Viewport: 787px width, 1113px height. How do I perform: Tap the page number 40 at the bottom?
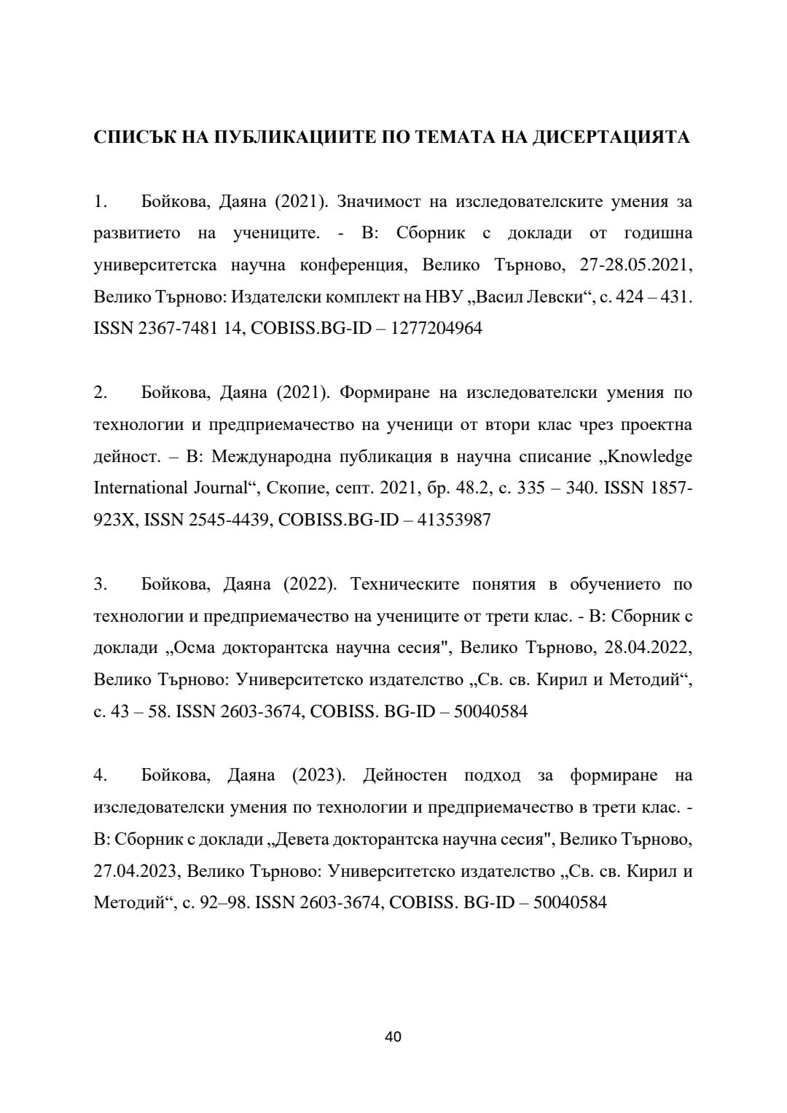pos(393,1036)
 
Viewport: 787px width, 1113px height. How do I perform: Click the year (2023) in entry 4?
pos(318,775)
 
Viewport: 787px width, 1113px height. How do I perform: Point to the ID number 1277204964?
pos(436,329)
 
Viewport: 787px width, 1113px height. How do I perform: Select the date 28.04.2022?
pos(647,647)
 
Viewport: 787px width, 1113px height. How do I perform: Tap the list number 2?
pos(101,393)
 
